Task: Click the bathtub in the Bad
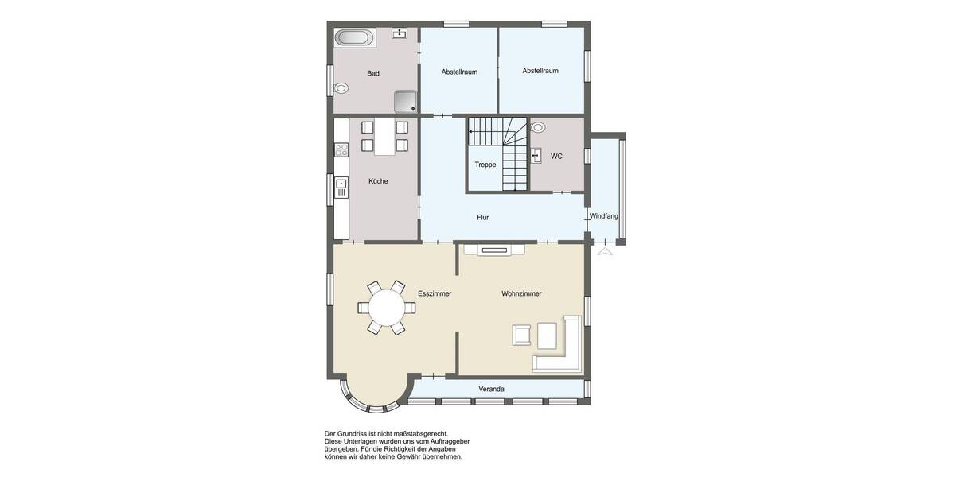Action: pyautogui.click(x=352, y=37)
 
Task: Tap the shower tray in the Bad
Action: pyautogui.click(x=406, y=101)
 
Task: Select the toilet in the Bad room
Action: pyautogui.click(x=341, y=88)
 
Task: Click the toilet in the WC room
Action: pyautogui.click(x=538, y=126)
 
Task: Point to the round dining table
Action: pyautogui.click(x=386, y=307)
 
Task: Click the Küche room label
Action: pyautogui.click(x=378, y=181)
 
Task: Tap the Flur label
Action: pyautogui.click(x=482, y=217)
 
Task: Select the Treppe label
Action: pyautogui.click(x=485, y=165)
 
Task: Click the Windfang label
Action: pyautogui.click(x=604, y=216)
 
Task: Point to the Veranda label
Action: pyautogui.click(x=491, y=389)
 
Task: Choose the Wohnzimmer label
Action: pyautogui.click(x=521, y=293)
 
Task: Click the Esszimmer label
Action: pyautogui.click(x=435, y=293)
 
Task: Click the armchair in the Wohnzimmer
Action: pyautogui.click(x=522, y=335)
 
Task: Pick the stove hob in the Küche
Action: pyautogui.click(x=341, y=149)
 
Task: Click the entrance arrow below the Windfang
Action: pyautogui.click(x=604, y=251)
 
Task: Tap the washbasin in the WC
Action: pyautogui.click(x=537, y=154)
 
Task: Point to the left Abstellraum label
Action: pyautogui.click(x=459, y=72)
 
